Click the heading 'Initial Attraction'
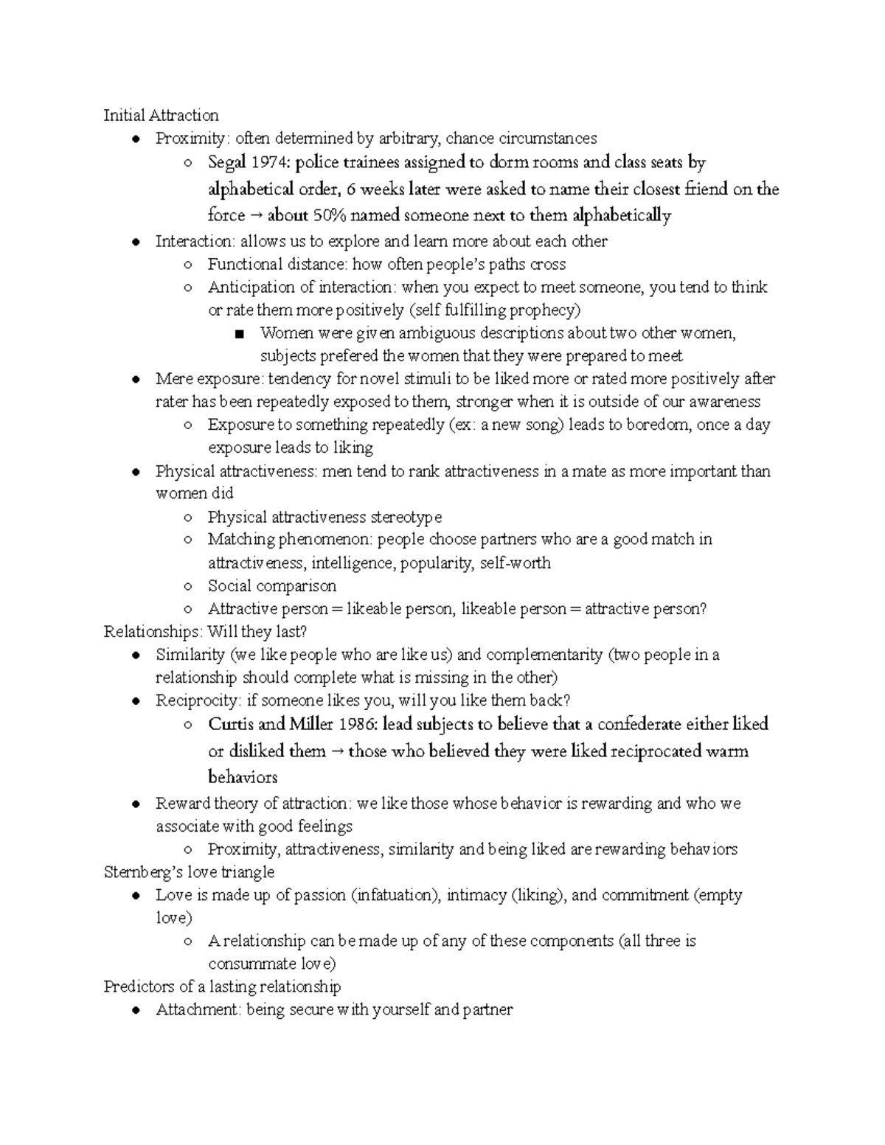161,115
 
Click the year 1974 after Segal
270,162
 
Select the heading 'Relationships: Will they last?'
205,632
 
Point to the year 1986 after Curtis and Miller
355,724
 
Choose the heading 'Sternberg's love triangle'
189,872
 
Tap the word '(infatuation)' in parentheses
395,895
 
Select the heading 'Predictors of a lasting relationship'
222,986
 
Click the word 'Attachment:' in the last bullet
198,1010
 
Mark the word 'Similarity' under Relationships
190,655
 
